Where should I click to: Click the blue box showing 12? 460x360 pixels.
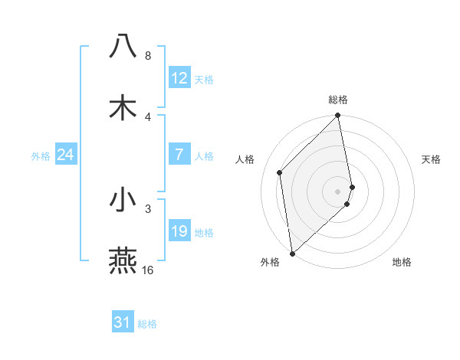[x=179, y=78]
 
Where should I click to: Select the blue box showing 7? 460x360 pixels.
[x=179, y=155]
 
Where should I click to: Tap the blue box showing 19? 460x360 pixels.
[x=179, y=231]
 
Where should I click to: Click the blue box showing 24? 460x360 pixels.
[x=66, y=155]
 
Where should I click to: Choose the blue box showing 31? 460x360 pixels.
[x=123, y=322]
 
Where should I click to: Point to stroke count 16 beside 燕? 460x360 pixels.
[x=148, y=270]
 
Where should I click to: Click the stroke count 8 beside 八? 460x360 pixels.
[x=148, y=56]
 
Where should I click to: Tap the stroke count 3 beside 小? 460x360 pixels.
[x=148, y=208]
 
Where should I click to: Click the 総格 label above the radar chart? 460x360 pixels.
[x=338, y=100]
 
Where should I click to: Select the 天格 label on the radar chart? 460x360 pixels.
[x=432, y=159]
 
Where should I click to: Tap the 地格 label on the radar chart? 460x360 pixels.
[x=402, y=262]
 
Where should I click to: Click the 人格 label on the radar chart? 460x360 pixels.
[x=245, y=159]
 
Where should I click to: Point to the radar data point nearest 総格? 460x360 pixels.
[x=338, y=116]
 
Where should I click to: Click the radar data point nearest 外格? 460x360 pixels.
[x=292, y=253]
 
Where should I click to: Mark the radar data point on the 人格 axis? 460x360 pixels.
[x=280, y=172]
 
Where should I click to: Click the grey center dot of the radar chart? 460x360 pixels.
[x=338, y=191]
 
